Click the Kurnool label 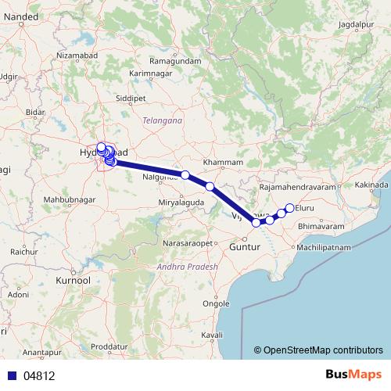pyautogui.click(x=74, y=279)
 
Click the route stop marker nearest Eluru pyautogui.click(x=289, y=208)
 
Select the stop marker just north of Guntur pyautogui.click(x=256, y=223)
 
